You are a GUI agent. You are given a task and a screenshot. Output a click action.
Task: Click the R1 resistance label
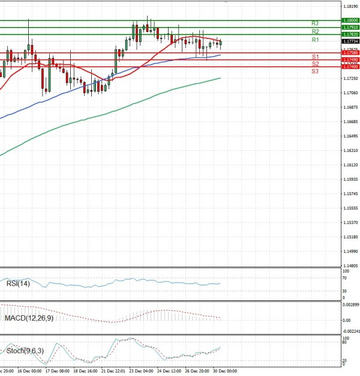(x=315, y=40)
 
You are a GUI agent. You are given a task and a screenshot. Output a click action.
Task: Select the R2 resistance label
(x=315, y=31)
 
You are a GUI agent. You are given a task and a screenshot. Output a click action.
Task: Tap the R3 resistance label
(x=315, y=23)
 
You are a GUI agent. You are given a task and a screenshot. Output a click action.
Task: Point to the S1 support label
(x=315, y=56)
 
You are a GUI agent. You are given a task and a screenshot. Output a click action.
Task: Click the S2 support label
(x=315, y=64)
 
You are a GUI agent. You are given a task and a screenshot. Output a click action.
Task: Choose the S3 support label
(x=315, y=71)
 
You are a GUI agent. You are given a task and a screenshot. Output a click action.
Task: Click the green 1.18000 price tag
(x=350, y=20)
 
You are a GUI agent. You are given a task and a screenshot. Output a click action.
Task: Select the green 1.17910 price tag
(x=350, y=27)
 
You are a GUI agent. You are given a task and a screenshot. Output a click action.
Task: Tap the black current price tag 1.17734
(x=350, y=41)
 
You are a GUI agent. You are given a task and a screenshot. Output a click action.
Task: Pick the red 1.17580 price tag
(x=350, y=53)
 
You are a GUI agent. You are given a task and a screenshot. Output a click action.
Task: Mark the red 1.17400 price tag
(x=350, y=67)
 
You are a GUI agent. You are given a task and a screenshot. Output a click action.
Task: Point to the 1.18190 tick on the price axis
(x=349, y=6)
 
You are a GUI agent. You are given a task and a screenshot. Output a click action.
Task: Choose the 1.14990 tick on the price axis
(x=349, y=252)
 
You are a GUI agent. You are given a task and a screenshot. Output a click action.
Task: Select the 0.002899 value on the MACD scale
(x=350, y=306)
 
